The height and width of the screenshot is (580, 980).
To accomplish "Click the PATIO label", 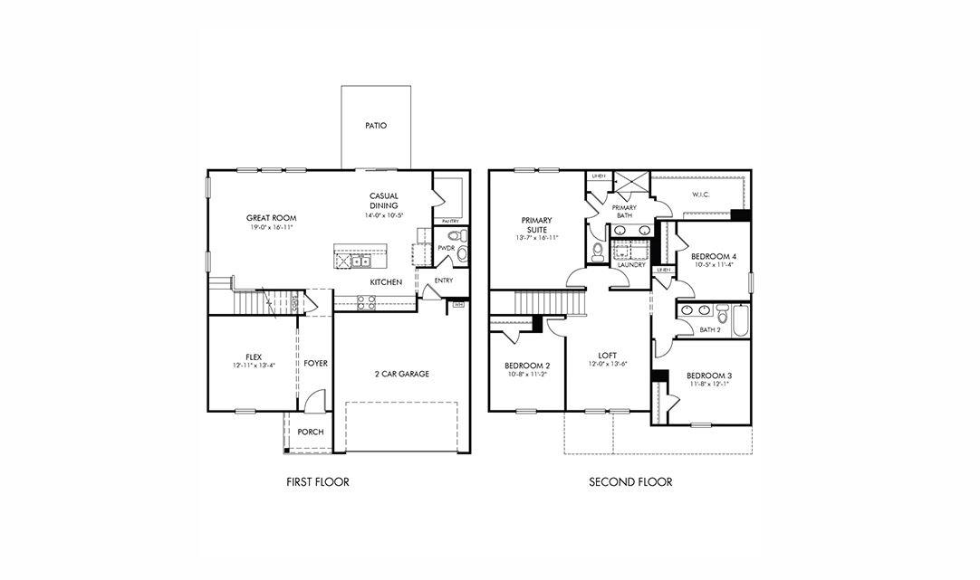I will [x=376, y=126].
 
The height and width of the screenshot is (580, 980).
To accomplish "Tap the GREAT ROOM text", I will [x=272, y=218].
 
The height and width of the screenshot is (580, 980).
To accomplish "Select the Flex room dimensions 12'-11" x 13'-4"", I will [x=254, y=366].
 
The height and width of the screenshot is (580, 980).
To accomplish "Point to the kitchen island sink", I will [x=361, y=261].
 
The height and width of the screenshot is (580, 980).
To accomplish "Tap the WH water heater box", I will [x=457, y=306].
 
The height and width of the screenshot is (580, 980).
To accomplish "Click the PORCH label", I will [x=311, y=433].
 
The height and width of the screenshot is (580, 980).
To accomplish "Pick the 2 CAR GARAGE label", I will [x=401, y=374].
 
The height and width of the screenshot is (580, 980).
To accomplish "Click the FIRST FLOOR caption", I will [x=317, y=482].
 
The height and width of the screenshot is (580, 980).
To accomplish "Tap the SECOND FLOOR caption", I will [x=630, y=482].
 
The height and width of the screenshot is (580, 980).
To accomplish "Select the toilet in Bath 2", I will [x=722, y=315].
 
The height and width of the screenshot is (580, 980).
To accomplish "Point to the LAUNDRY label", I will [x=630, y=265].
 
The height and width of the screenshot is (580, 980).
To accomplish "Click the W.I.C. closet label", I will [x=699, y=194].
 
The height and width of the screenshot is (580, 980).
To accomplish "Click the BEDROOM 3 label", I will [x=708, y=376].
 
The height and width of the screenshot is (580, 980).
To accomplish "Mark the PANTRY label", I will [x=449, y=222].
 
